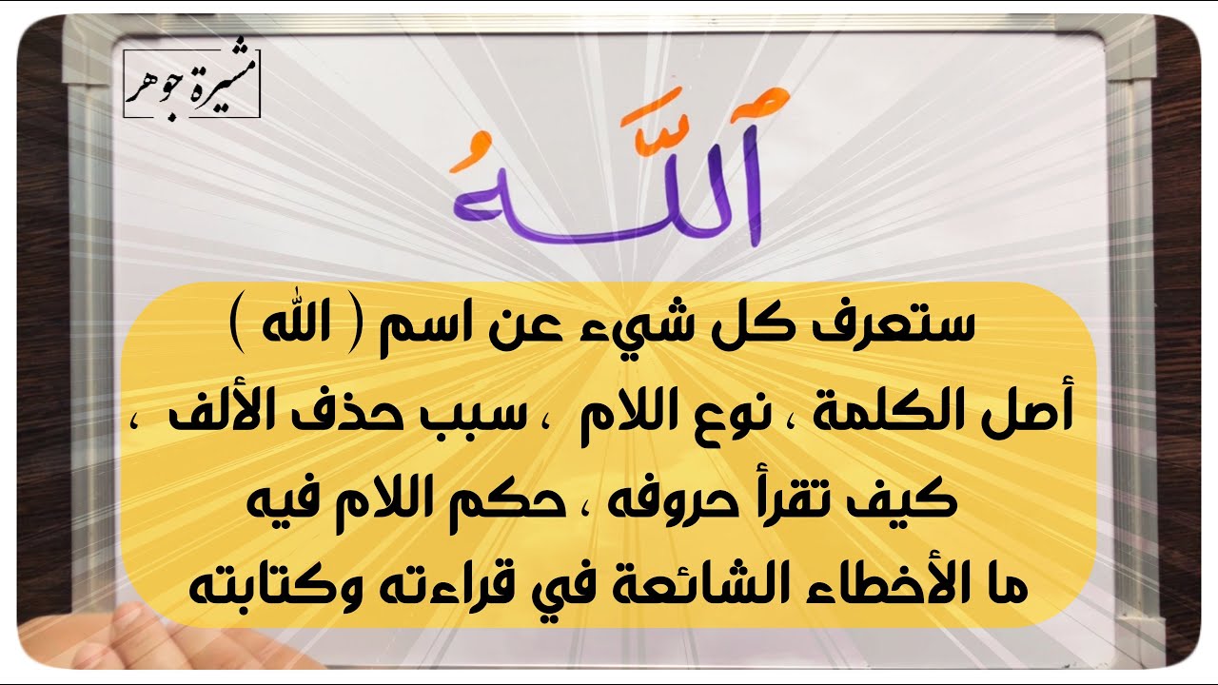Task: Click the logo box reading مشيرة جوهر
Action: (x=191, y=83)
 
